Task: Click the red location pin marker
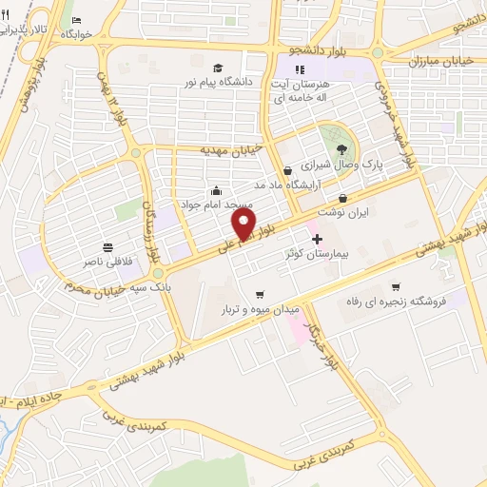click(x=244, y=224)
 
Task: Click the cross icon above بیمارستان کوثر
click(x=317, y=239)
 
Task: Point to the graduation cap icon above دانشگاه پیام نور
click(x=219, y=68)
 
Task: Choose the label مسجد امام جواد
click(x=217, y=204)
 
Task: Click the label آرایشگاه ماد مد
click(x=287, y=185)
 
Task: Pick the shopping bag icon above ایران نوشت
click(x=343, y=198)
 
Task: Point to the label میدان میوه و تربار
click(x=261, y=310)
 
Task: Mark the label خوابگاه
click(x=76, y=35)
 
